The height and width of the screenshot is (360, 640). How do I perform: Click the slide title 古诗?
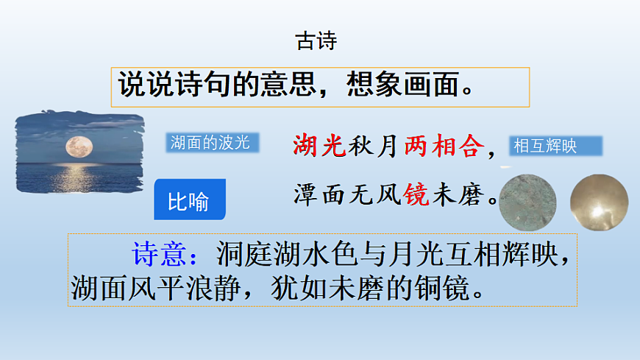(x=316, y=41)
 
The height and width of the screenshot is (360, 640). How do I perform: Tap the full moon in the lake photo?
(x=77, y=145)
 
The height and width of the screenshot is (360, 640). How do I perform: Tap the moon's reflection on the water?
(x=77, y=174)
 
